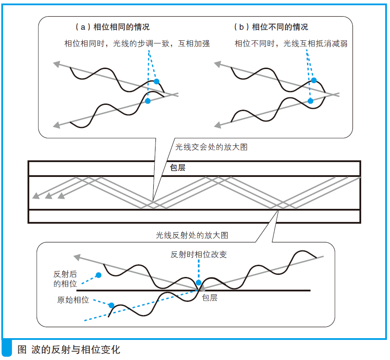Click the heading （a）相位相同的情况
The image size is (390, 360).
pyautogui.click(x=112, y=27)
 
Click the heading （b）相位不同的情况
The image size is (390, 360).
pyautogui.click(x=271, y=27)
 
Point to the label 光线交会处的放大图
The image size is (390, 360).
pyautogui.click(x=211, y=147)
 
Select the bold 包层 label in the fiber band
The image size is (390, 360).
pyautogui.click(x=177, y=168)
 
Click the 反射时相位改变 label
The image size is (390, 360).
pyautogui.click(x=199, y=254)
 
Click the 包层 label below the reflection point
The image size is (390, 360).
pyautogui.click(x=209, y=298)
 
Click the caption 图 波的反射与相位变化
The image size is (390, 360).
pyautogui.click(x=69, y=350)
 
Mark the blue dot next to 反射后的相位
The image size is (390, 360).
pyautogui.click(x=99, y=275)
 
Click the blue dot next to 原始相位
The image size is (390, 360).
pyautogui.click(x=111, y=305)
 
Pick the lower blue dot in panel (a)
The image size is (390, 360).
pyautogui.click(x=148, y=101)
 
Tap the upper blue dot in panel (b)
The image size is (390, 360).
pyautogui.click(x=314, y=80)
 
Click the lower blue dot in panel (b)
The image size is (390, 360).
pyautogui.click(x=311, y=101)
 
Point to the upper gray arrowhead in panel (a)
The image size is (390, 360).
pyautogui.click(x=56, y=64)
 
